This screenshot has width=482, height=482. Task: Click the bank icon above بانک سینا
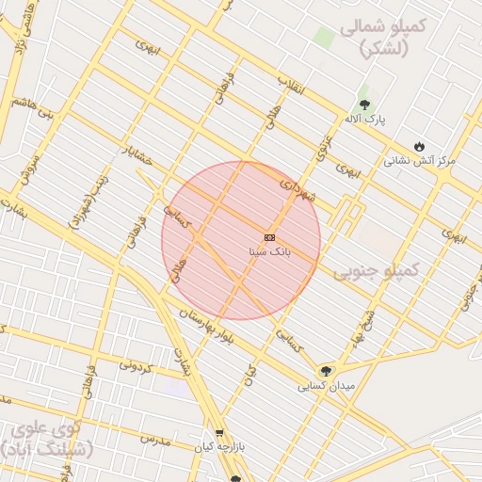270,236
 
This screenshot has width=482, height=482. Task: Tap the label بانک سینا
269,251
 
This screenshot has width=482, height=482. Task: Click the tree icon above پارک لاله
364,104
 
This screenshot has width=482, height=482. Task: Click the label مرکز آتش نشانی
419,161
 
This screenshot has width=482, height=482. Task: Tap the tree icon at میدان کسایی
326,371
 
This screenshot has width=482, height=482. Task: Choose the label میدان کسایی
326,386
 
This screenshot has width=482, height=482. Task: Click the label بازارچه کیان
220,448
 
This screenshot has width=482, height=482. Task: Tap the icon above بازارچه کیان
220,433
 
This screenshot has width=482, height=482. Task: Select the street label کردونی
138,364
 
